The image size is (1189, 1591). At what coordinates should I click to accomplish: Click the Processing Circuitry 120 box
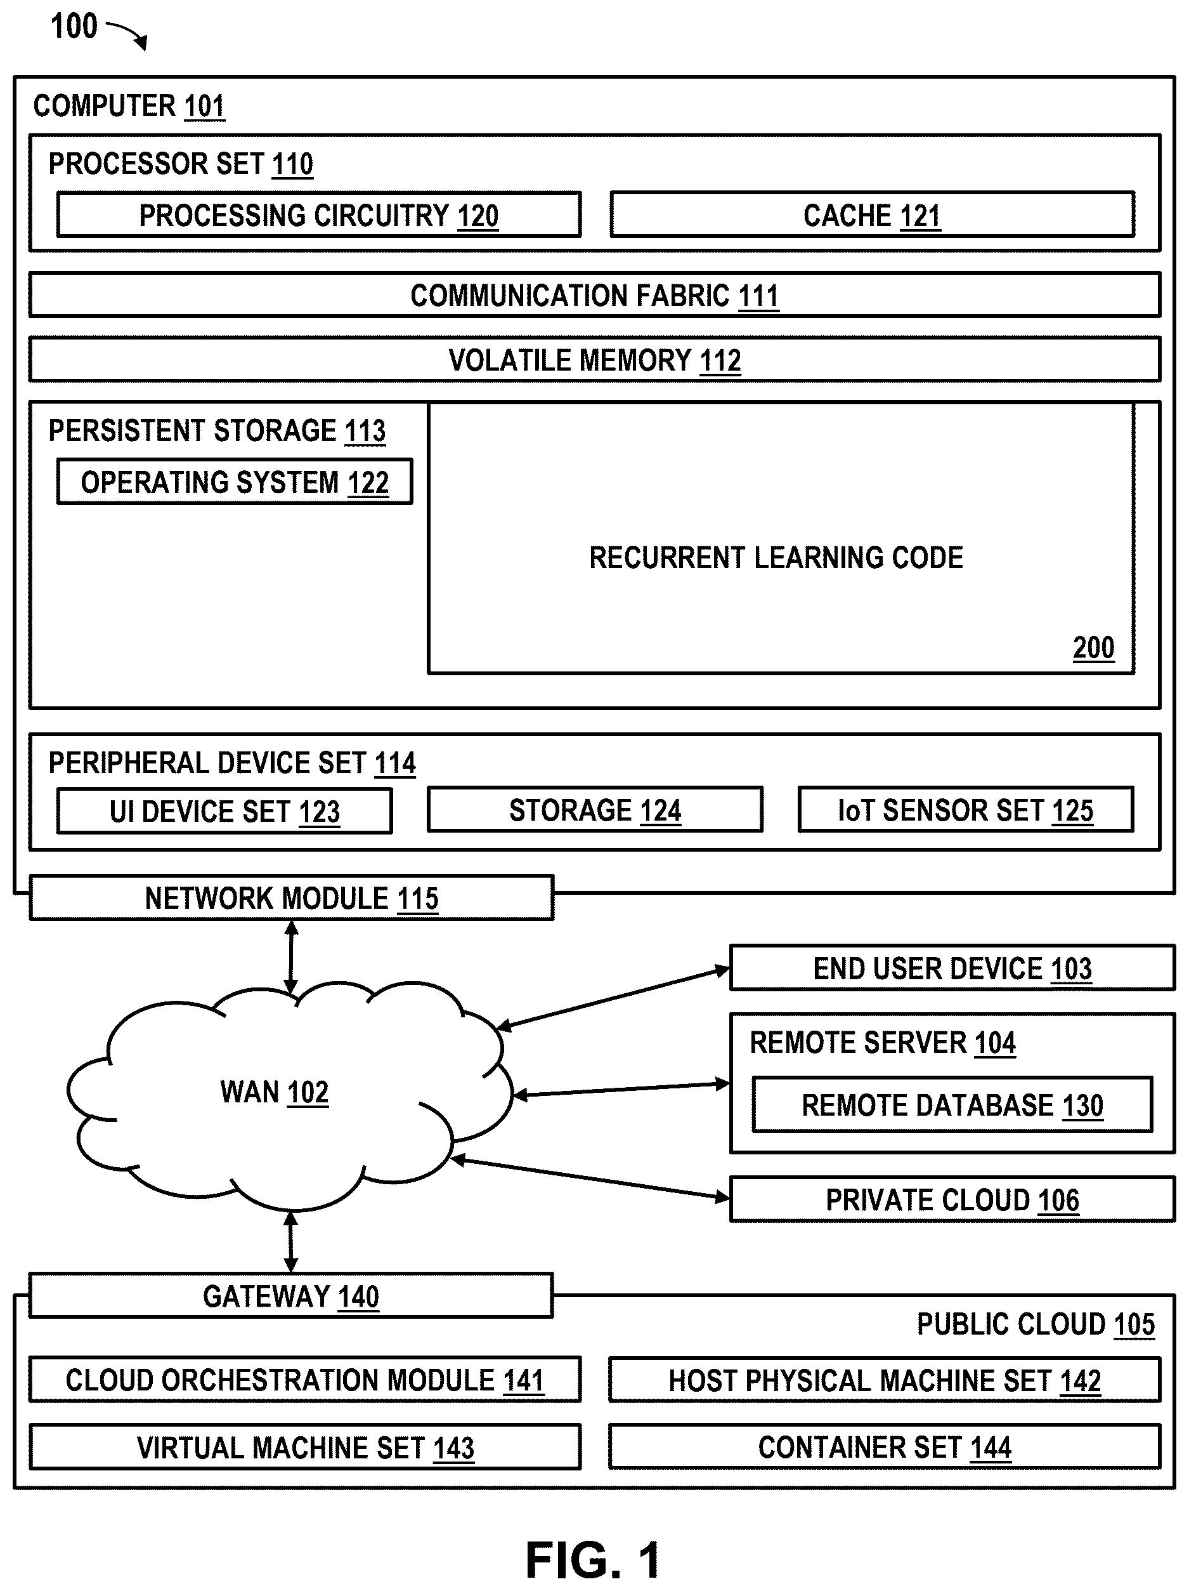click(x=318, y=215)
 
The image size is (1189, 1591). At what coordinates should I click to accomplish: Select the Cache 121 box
click(x=872, y=215)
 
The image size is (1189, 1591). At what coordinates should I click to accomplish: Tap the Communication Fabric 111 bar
click(x=595, y=294)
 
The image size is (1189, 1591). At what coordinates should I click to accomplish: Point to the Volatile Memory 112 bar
click(x=595, y=359)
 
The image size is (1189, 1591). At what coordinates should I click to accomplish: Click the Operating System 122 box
click(x=235, y=481)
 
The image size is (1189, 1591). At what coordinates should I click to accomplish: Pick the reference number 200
click(x=1093, y=648)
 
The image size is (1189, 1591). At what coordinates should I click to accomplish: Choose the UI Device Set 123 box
click(x=224, y=810)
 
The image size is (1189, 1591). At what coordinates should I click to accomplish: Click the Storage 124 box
click(x=595, y=809)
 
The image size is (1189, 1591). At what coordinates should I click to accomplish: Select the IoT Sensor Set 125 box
click(x=965, y=809)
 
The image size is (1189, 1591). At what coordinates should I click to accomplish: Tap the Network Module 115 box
click(x=291, y=897)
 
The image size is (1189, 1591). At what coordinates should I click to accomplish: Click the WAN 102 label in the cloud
click(x=274, y=1092)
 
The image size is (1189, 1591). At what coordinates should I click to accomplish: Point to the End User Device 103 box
click(x=952, y=967)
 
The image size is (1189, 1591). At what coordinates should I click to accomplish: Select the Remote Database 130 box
click(x=952, y=1104)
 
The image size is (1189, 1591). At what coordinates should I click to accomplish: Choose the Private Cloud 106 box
click(x=952, y=1199)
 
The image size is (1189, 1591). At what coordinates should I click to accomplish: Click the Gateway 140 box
click(x=290, y=1295)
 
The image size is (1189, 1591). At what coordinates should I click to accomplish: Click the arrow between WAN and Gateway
click(x=290, y=1241)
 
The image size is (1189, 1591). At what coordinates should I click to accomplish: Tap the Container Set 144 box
click(x=885, y=1446)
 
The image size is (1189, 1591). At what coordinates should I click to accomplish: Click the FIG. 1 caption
click(x=593, y=1560)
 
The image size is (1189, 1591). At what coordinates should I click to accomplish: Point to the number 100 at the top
click(x=74, y=27)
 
